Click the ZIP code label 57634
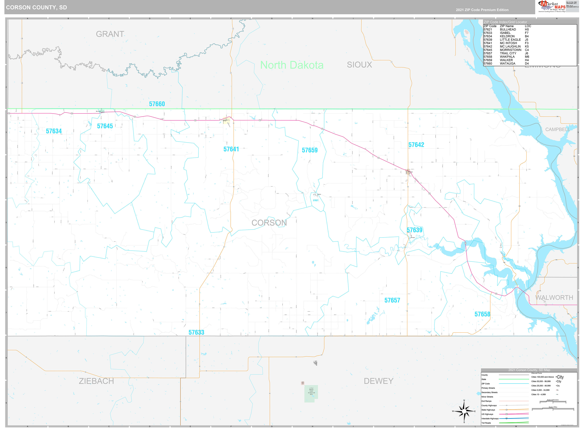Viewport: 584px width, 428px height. (x=54, y=131)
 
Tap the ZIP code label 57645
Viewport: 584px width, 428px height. (x=105, y=126)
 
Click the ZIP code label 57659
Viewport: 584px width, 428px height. (x=310, y=150)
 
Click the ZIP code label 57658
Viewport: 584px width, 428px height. (x=482, y=314)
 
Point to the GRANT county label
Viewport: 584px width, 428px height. (x=110, y=34)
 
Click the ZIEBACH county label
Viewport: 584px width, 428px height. (x=96, y=381)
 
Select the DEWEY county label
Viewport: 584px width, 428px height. (x=378, y=381)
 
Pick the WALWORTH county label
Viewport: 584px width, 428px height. (x=554, y=298)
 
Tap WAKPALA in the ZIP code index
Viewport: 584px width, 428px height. (x=507, y=57)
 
